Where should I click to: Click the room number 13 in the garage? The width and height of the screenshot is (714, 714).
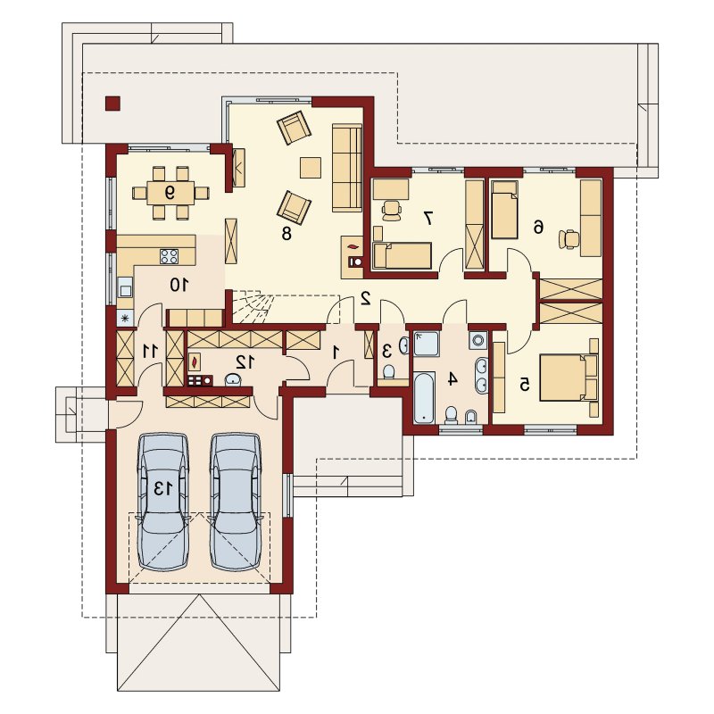(163, 488)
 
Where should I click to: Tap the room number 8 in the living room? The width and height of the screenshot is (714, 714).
(286, 234)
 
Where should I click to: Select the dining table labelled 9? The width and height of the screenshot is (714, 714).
(170, 193)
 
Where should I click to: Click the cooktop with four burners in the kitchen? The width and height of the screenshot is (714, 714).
(169, 256)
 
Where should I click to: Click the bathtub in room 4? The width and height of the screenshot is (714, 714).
(423, 397)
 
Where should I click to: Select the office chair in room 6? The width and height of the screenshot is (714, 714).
(569, 239)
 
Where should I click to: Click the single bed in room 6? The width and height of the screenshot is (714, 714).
(504, 210)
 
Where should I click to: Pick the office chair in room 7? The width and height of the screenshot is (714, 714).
(392, 210)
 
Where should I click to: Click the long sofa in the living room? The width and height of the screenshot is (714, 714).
(347, 168)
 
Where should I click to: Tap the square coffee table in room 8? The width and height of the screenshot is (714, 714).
(311, 168)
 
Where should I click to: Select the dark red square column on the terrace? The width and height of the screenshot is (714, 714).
(112, 104)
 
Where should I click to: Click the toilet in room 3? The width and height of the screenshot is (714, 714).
(388, 371)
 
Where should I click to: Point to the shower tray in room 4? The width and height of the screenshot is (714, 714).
(427, 344)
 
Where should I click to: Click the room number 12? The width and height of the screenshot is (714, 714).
(245, 362)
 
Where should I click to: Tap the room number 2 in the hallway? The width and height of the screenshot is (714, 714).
(365, 298)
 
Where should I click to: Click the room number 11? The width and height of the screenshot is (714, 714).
(150, 351)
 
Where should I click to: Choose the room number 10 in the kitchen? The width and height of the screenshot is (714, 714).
(179, 285)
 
